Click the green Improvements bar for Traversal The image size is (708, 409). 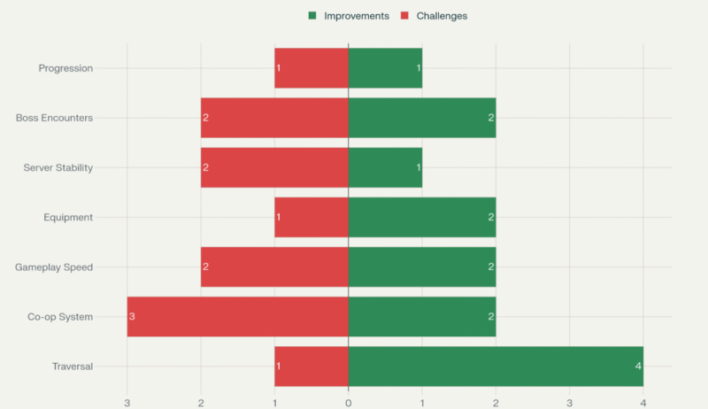pos(496,367)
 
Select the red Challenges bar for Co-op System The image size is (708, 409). pos(237,317)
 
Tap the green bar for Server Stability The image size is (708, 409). pos(385,167)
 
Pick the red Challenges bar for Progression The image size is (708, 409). pos(312,68)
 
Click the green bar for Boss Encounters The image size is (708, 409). pos(421,118)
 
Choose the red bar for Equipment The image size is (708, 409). pos(312,217)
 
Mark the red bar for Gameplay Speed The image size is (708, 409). pos(274,266)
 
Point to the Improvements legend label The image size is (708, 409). pos(356,16)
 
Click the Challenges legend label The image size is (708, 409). pos(442,16)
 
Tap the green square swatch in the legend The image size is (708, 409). pos(312,16)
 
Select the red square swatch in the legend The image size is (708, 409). pos(405,16)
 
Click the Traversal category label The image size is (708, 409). pos(72,367)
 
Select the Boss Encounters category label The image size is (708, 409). pos(54,118)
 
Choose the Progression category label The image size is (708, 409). pos(65,68)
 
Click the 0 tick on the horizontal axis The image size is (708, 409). pos(348,404)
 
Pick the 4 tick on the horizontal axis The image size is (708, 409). pos(643,404)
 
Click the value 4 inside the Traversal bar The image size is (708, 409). pos(638,367)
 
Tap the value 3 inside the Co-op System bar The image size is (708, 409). pos(132,317)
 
